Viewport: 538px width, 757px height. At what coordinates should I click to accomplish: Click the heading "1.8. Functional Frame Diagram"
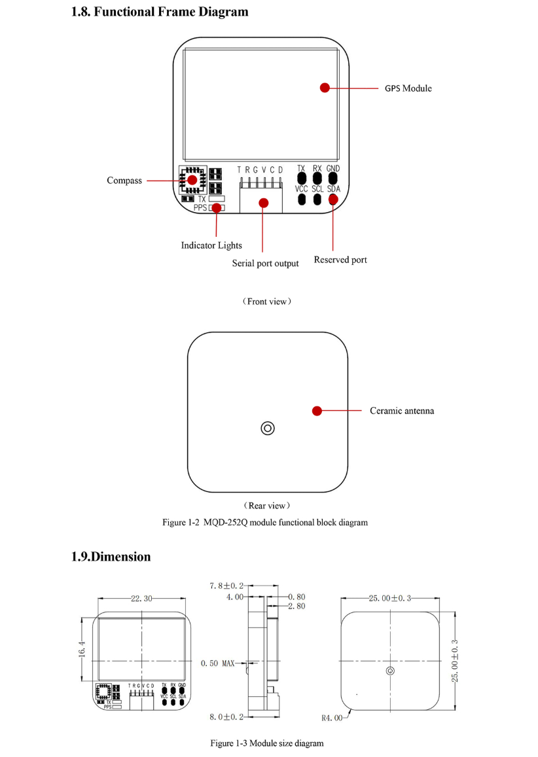[x=160, y=12]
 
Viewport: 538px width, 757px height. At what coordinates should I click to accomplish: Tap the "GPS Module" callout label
[x=408, y=88]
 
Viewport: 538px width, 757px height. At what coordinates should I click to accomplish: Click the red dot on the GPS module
[x=325, y=88]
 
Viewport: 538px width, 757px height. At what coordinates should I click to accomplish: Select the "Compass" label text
[x=124, y=181]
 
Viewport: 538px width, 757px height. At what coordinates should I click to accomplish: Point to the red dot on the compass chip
[x=192, y=180]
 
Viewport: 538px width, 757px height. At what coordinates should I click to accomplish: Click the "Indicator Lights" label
[x=211, y=245]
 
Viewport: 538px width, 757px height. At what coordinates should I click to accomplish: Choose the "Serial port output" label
[x=265, y=264]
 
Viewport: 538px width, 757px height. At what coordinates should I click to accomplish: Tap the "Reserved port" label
[x=340, y=260]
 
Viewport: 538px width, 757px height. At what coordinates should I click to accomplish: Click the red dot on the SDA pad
[x=334, y=199]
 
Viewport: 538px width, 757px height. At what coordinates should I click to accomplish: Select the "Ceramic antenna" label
[x=402, y=411]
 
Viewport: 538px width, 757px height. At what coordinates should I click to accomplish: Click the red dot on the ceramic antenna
[x=317, y=411]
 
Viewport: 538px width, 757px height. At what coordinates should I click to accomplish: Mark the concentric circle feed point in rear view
[x=267, y=428]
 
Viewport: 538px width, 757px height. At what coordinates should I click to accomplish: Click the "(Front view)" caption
[x=267, y=302]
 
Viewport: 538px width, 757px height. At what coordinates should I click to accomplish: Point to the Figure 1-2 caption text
[x=265, y=522]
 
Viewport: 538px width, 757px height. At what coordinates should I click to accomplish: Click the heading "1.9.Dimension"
[x=111, y=557]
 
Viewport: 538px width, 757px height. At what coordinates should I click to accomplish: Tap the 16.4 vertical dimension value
[x=82, y=652]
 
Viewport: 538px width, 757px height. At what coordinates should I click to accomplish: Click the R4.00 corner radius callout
[x=332, y=717]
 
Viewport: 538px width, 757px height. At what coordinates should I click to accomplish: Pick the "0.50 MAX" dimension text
[x=217, y=663]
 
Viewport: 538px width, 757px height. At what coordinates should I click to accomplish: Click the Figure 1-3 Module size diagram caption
[x=266, y=743]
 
